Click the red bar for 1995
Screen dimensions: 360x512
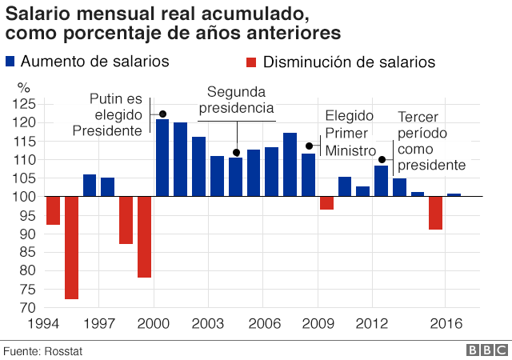click(x=72, y=247)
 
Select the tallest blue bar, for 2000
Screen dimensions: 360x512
click(x=162, y=158)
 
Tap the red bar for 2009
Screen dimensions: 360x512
click(x=326, y=203)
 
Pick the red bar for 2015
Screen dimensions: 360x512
click(x=436, y=213)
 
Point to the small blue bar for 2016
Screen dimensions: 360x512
click(x=454, y=194)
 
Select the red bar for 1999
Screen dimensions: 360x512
click(x=144, y=237)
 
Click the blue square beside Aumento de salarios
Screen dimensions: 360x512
click(x=10, y=61)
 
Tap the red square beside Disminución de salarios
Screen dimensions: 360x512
click(x=251, y=62)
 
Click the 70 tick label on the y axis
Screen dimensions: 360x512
click(x=29, y=308)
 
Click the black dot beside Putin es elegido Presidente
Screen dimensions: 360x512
click(x=162, y=114)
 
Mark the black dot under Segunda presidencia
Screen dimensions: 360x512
click(x=236, y=152)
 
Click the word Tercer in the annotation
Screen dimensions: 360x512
click(x=418, y=117)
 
